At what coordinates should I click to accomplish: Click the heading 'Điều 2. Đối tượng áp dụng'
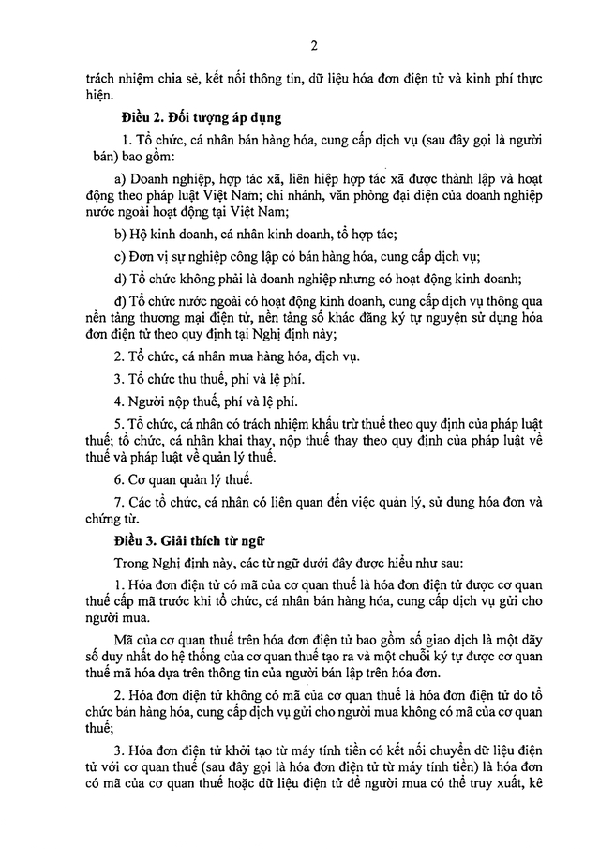click(x=196, y=118)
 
